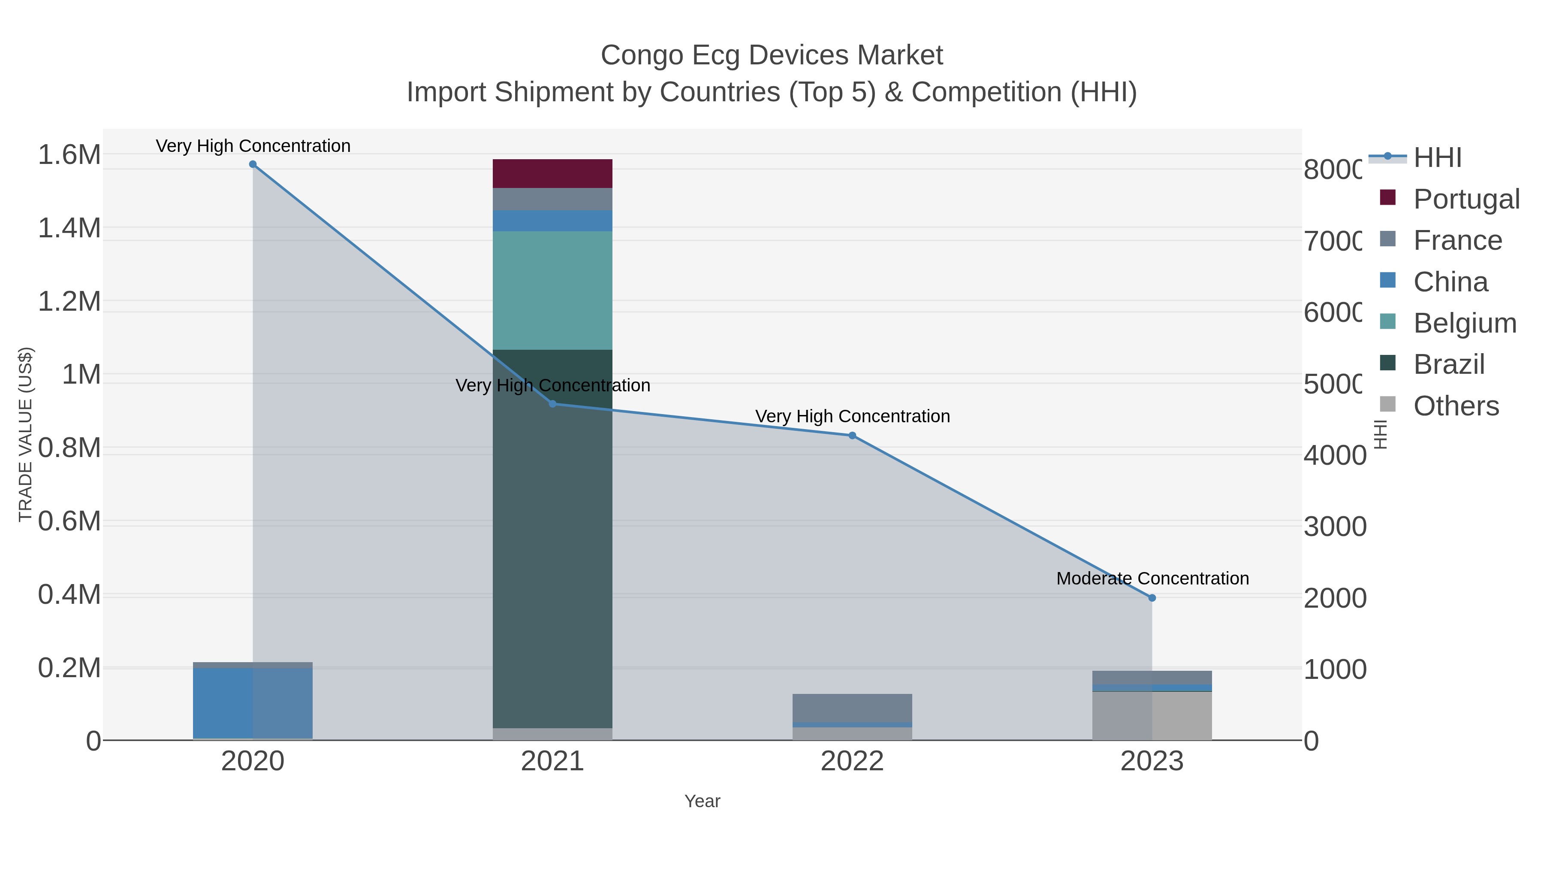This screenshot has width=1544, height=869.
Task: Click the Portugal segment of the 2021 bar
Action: (x=552, y=173)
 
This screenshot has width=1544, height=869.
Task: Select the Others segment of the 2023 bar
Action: (x=1152, y=716)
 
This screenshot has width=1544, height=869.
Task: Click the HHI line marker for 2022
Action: (x=852, y=436)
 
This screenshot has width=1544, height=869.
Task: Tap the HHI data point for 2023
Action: (x=1152, y=598)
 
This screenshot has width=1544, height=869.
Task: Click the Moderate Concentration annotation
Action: (x=1152, y=579)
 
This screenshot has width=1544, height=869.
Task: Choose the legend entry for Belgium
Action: (x=1464, y=323)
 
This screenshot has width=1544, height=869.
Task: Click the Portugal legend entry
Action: (x=1466, y=199)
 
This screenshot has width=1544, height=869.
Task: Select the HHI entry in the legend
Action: (x=1437, y=158)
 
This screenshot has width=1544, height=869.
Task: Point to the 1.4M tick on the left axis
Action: (x=69, y=228)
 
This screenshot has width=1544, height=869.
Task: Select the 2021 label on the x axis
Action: (x=552, y=762)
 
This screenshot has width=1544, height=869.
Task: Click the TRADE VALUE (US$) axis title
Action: (x=25, y=434)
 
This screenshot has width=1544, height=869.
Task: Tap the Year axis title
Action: (x=702, y=801)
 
